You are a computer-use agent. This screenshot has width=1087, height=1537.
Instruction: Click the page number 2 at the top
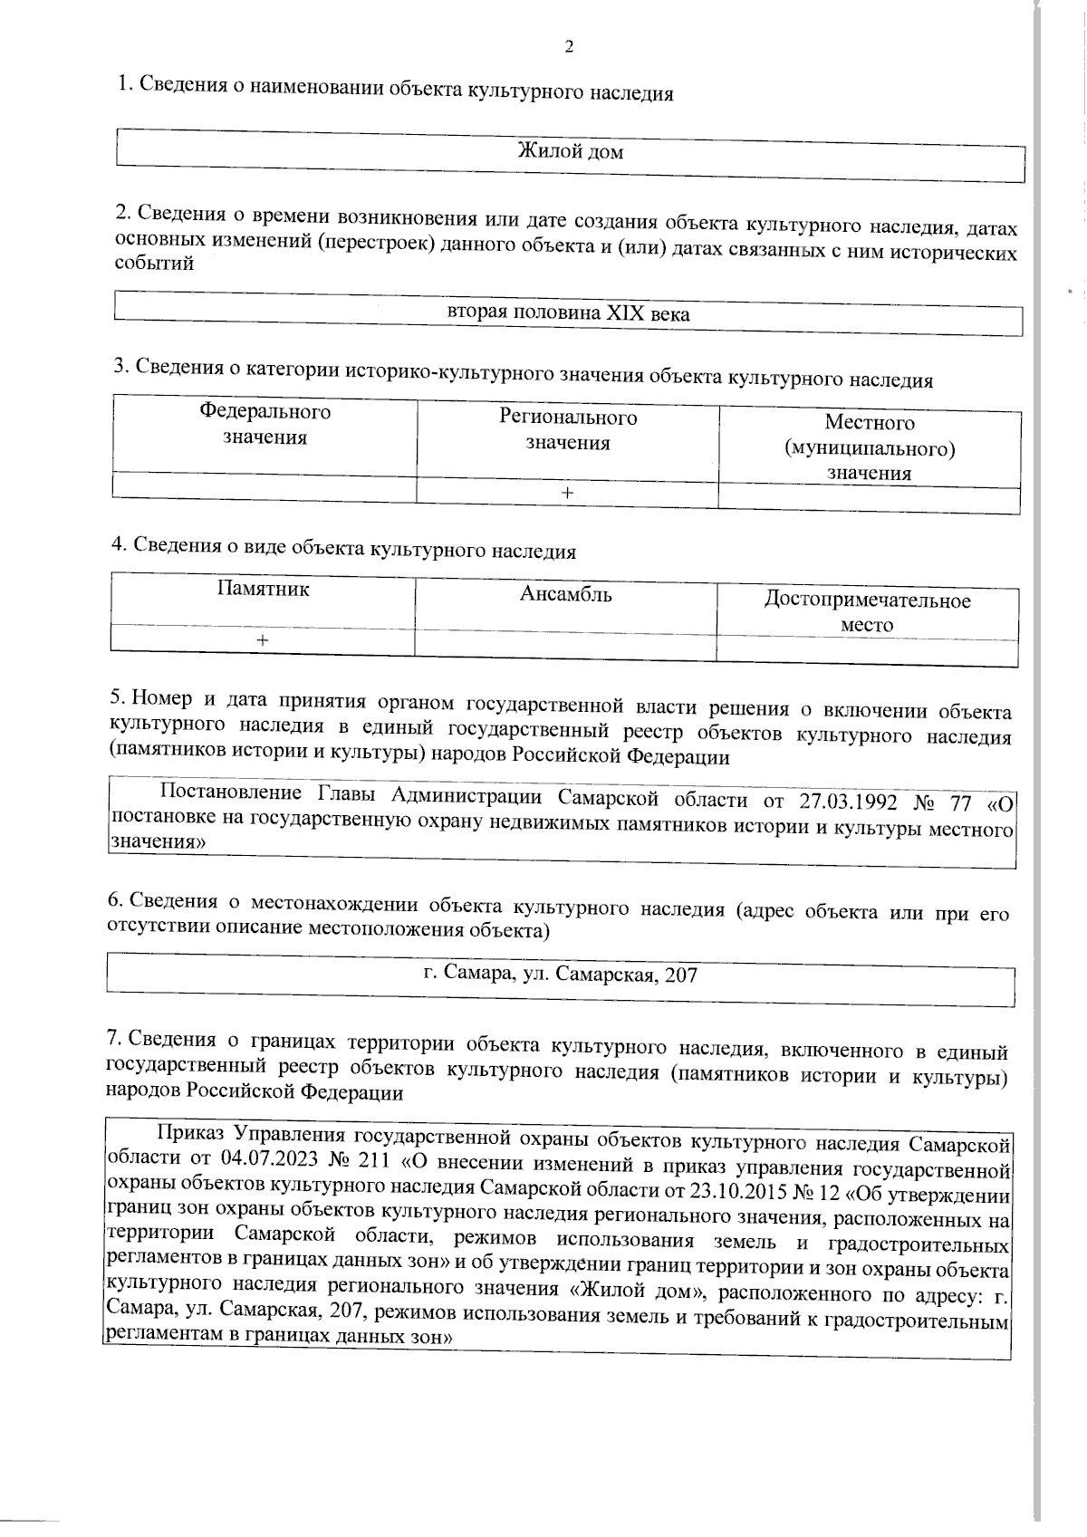(x=569, y=47)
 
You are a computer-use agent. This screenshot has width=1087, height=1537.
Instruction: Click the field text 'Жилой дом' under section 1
(x=570, y=151)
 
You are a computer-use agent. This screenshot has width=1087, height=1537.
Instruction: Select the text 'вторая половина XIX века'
(x=569, y=314)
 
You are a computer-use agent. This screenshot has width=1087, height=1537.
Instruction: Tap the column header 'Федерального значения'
(x=265, y=425)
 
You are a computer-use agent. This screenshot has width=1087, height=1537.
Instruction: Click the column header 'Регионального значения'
(x=568, y=430)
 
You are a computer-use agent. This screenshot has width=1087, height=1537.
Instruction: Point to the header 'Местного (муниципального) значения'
(x=869, y=447)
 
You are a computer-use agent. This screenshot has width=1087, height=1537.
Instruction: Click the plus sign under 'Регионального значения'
(x=567, y=493)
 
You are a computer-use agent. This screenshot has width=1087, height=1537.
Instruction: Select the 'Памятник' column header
(x=263, y=589)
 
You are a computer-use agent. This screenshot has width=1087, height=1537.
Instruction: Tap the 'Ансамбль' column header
(x=565, y=594)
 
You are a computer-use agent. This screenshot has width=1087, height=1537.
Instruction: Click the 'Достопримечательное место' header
(x=867, y=612)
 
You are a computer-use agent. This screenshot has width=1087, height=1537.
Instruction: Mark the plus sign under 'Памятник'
(x=262, y=639)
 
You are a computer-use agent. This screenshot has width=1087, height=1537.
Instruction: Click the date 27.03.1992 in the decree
(x=849, y=801)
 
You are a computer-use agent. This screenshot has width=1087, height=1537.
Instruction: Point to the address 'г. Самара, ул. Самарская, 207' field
(x=561, y=975)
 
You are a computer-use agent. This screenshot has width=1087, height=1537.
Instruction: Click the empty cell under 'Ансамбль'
(x=564, y=644)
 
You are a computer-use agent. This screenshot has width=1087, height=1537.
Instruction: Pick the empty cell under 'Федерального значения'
(x=264, y=487)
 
